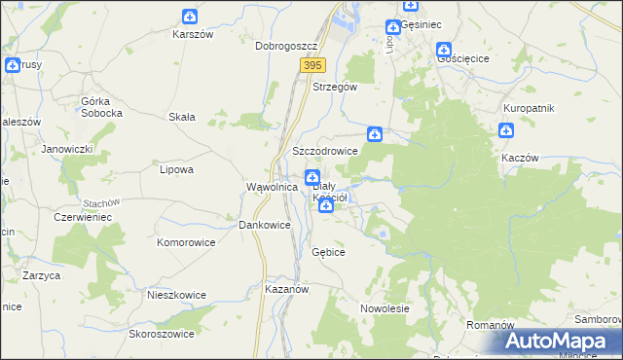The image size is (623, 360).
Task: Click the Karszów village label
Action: tap(192, 34)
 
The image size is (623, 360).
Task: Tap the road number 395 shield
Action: tap(311, 65)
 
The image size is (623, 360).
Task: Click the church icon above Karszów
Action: tap(190, 17)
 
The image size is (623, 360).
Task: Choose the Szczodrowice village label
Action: tap(325, 152)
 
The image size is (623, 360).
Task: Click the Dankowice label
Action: tap(265, 225)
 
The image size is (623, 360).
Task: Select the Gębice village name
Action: tap(328, 252)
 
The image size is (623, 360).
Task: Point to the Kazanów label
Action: tap(286, 290)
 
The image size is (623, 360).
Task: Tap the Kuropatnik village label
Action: tap(529, 108)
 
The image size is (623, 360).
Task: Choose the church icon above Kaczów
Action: tap(506, 131)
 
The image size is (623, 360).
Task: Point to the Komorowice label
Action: tap(185, 240)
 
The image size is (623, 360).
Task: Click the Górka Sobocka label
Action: tap(101, 107)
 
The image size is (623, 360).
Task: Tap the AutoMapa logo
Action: tap(561, 342)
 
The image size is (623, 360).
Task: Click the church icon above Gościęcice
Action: tap(444, 49)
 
